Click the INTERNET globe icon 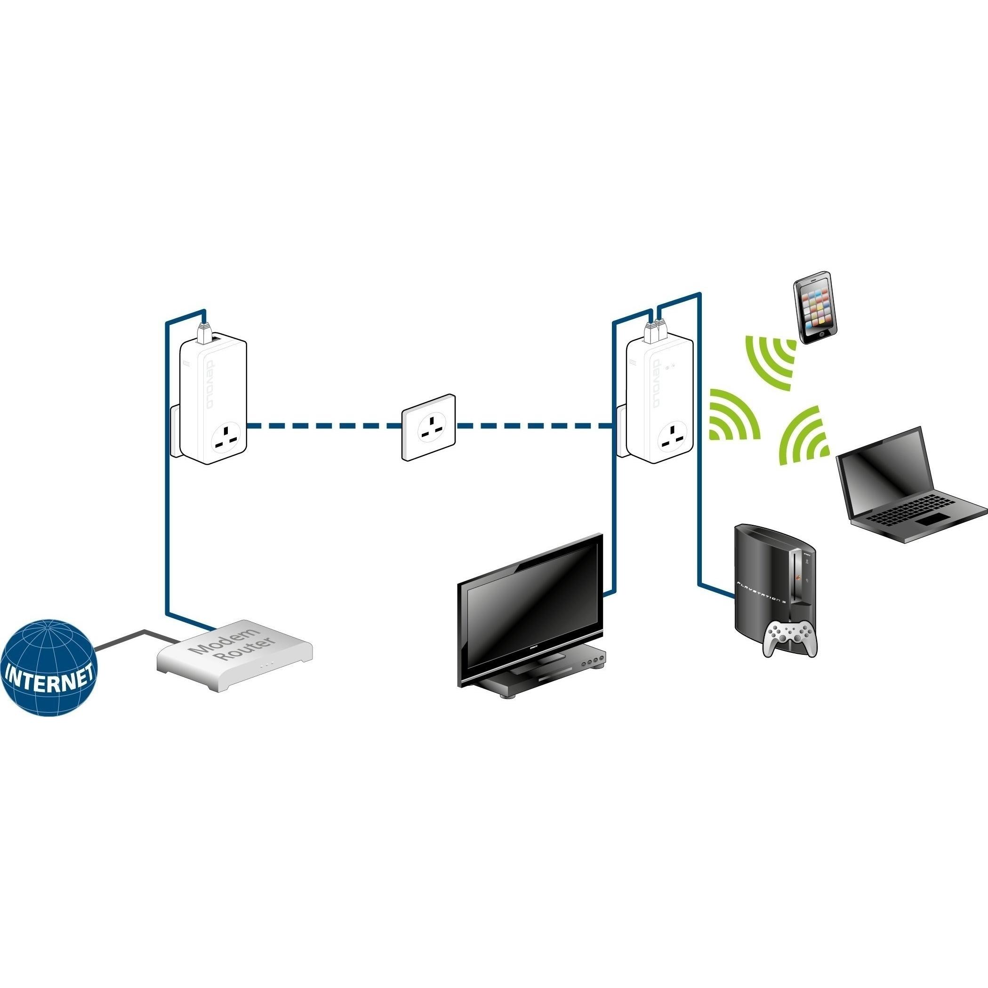pos(48,667)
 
